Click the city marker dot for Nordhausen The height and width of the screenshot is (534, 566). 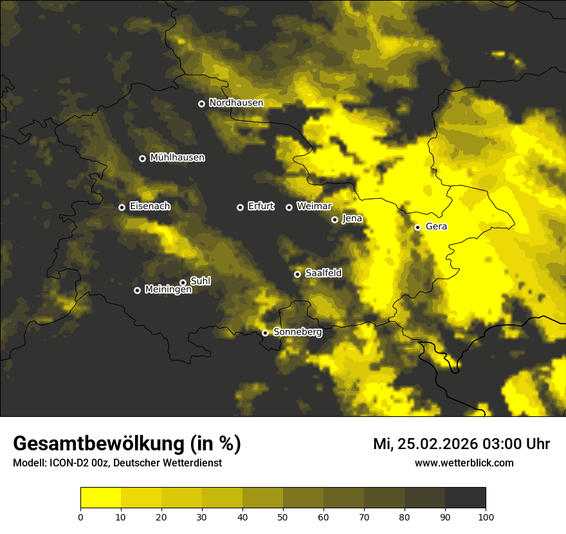pyautogui.click(x=201, y=104)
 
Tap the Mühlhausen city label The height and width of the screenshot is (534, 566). pyautogui.click(x=177, y=158)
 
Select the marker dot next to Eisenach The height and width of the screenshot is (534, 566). pyautogui.click(x=122, y=207)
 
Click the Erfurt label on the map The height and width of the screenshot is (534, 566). pyautogui.click(x=260, y=207)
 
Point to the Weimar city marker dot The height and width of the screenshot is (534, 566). pyautogui.click(x=289, y=207)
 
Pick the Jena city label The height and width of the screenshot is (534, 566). pyautogui.click(x=352, y=219)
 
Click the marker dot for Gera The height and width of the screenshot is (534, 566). pyautogui.click(x=417, y=227)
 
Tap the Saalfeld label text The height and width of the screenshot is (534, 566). pyautogui.click(x=323, y=273)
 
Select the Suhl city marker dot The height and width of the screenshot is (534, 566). pyautogui.click(x=183, y=282)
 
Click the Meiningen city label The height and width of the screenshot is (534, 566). pyautogui.click(x=168, y=290)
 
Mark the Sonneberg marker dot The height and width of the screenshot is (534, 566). pyautogui.click(x=265, y=333)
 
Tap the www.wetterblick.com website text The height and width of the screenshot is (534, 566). pyautogui.click(x=464, y=463)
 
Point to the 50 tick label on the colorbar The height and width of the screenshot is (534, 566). pyautogui.click(x=283, y=517)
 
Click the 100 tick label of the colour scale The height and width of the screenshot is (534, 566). pyautogui.click(x=486, y=517)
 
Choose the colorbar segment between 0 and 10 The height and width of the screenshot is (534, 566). pyautogui.click(x=101, y=498)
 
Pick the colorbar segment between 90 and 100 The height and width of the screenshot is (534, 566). pyautogui.click(x=465, y=498)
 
